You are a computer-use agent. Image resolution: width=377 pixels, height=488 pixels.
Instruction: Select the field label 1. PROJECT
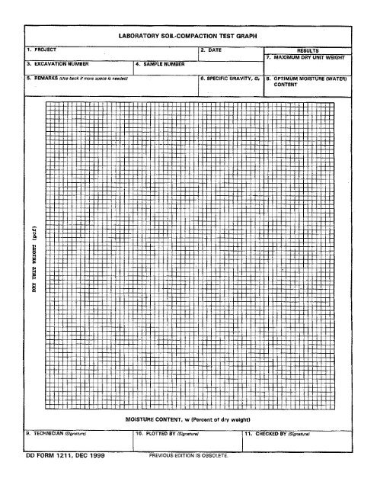(x=37, y=50)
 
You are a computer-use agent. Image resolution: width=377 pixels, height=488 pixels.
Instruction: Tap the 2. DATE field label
(x=210, y=50)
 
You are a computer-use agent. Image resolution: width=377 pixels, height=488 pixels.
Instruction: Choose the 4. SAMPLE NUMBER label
(x=162, y=64)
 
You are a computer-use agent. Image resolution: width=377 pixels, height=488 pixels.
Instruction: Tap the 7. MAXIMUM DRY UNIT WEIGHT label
(x=311, y=57)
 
